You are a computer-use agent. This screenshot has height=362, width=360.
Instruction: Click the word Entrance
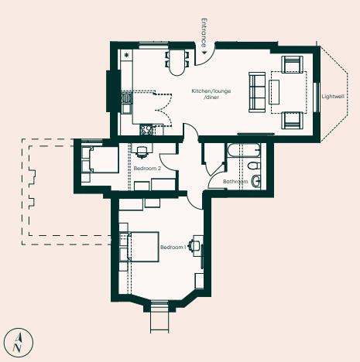pos(204,29)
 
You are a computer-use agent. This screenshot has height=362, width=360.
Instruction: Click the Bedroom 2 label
pos(146,168)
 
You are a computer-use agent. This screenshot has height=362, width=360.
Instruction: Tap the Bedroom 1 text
pos(173,248)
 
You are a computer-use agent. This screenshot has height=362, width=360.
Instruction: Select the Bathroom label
pos(235,182)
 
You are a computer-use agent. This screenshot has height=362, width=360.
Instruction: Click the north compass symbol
pos(19,340)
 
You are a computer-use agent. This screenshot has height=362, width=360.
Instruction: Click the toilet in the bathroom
pos(257,182)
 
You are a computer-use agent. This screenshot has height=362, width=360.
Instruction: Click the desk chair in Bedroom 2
pos(142,152)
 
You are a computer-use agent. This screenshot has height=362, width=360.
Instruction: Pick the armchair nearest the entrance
pos(292,65)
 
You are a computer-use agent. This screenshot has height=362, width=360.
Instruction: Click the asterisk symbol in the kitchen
pos(126,56)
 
